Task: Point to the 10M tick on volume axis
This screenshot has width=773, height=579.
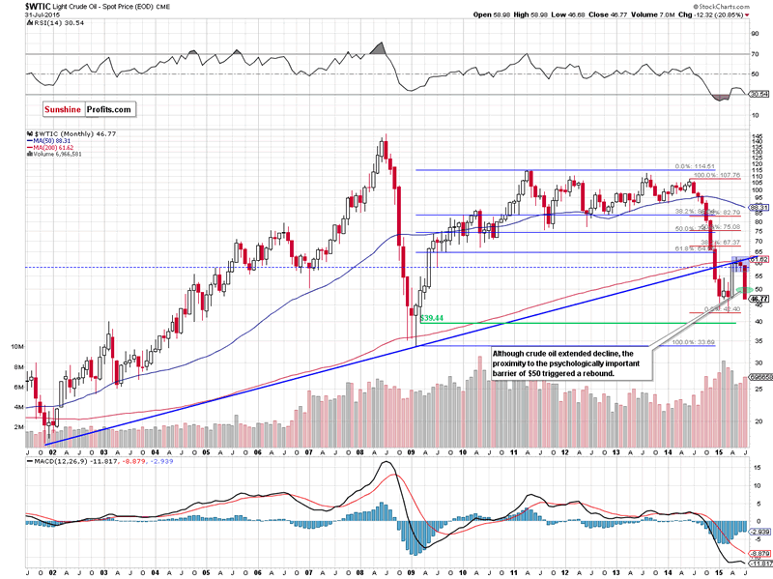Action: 18,345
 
